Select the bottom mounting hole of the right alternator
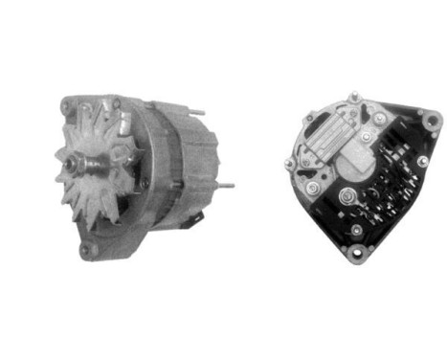(x=358, y=254)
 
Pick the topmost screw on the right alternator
(x=353, y=96)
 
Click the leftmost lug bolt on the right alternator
(x=288, y=164)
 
